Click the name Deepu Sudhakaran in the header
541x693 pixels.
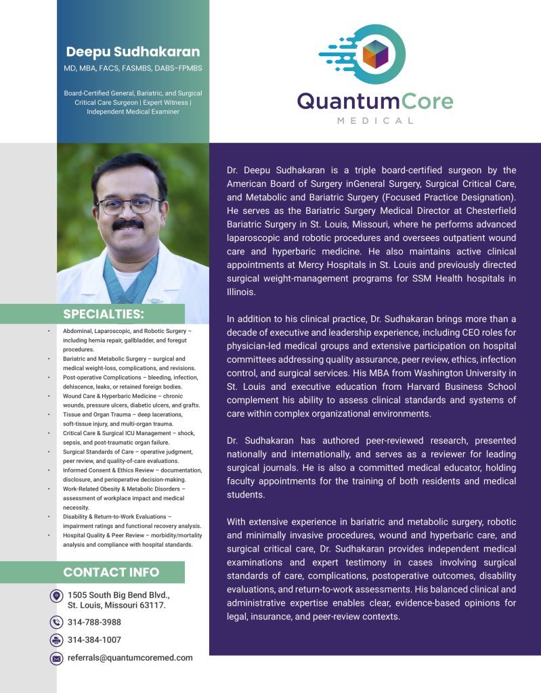[133, 51]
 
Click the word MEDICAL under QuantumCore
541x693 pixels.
[374, 120]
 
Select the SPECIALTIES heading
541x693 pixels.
[104, 314]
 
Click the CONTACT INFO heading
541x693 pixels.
[111, 573]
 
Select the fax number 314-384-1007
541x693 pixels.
[94, 640]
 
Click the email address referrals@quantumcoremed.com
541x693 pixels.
[130, 658]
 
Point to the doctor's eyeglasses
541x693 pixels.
[129, 204]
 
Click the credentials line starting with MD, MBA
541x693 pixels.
[133, 68]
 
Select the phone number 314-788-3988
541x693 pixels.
[94, 622]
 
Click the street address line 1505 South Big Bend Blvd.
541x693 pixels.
[118, 595]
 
